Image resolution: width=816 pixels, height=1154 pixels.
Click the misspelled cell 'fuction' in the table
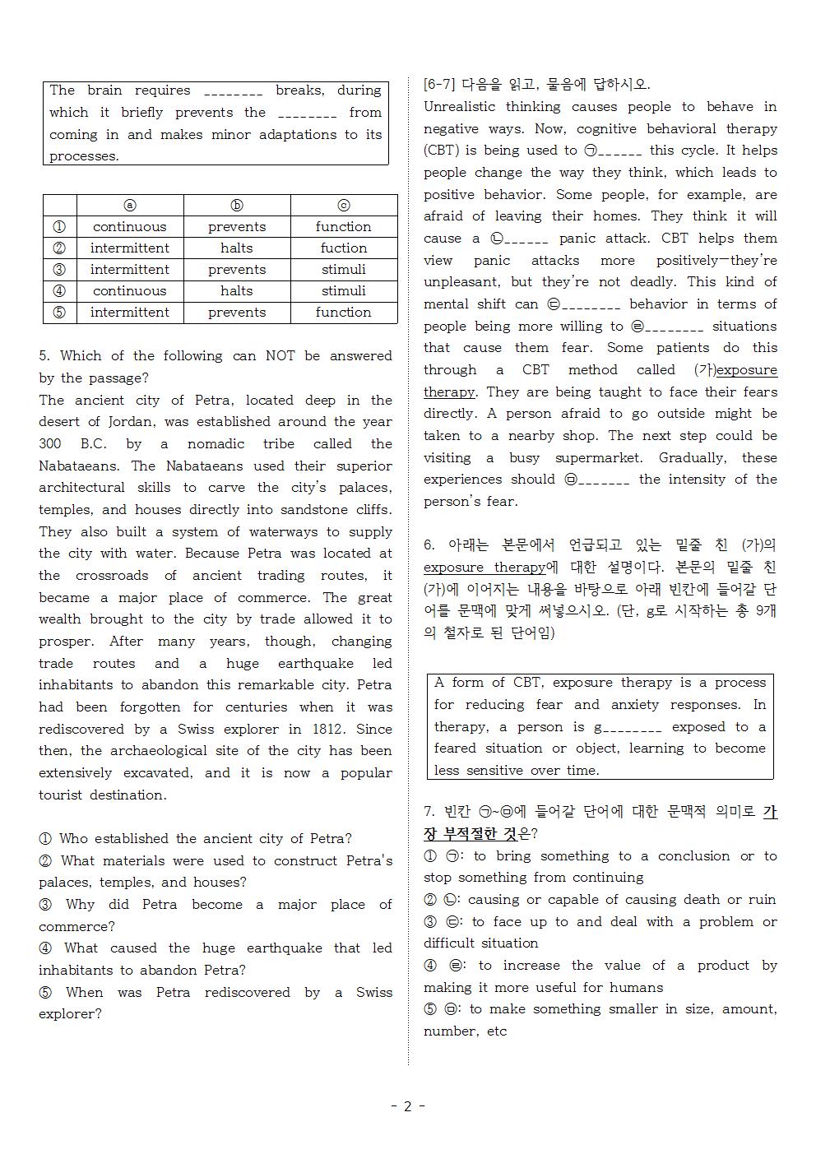click(343, 248)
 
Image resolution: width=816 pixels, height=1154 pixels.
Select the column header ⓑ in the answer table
click(237, 206)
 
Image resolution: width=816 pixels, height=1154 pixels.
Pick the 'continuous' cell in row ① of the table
click(129, 226)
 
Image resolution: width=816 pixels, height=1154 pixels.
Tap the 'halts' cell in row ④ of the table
click(237, 290)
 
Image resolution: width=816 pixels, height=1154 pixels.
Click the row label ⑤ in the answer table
click(59, 312)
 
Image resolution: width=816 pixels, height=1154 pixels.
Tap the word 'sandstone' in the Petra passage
click(314, 509)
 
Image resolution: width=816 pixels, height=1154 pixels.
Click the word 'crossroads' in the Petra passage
click(112, 575)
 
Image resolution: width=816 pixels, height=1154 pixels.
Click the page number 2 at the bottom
click(407, 1106)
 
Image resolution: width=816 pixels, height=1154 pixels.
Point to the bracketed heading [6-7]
click(439, 84)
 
